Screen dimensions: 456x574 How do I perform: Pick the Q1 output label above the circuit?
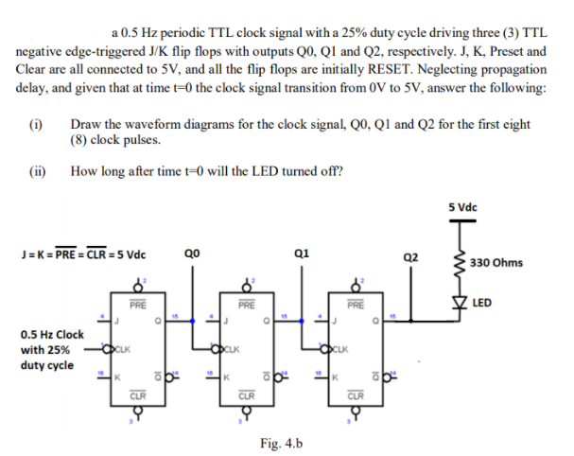pyautogui.click(x=301, y=254)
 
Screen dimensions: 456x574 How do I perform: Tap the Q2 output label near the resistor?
pyautogui.click(x=409, y=256)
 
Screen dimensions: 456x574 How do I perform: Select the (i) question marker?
pyautogui.click(x=35, y=124)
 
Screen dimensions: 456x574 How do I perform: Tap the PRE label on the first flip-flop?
pyautogui.click(x=138, y=305)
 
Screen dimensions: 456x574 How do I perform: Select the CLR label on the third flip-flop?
pyautogui.click(x=355, y=395)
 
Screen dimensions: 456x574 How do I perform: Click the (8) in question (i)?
pyautogui.click(x=80, y=141)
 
